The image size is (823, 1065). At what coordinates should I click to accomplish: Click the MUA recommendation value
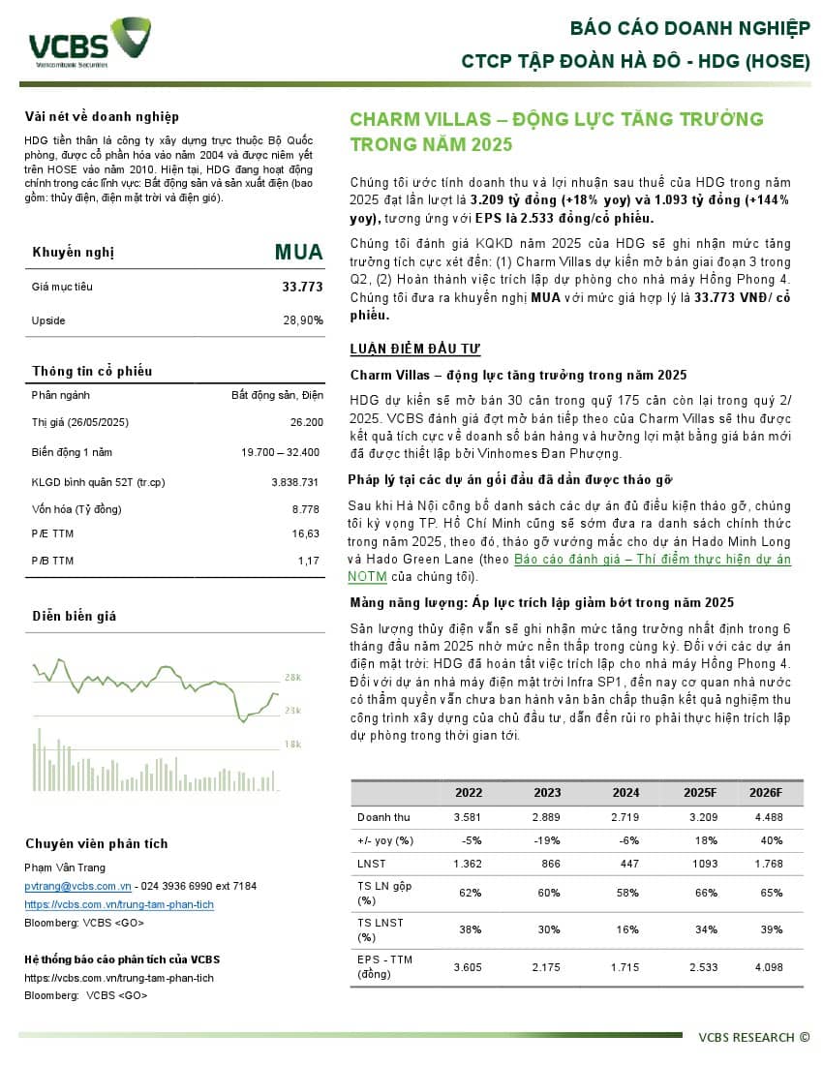[x=298, y=253]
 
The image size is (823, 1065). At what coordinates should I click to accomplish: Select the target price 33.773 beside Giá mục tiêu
[x=302, y=287]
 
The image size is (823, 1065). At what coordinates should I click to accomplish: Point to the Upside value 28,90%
[x=302, y=319]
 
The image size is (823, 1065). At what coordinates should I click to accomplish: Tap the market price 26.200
[x=306, y=422]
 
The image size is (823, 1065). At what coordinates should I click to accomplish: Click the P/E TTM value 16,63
[x=305, y=533]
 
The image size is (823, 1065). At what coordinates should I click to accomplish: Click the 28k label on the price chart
[x=292, y=677]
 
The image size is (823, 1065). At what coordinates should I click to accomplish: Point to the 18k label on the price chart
[x=292, y=744]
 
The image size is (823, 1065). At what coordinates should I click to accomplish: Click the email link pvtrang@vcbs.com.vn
[x=77, y=886]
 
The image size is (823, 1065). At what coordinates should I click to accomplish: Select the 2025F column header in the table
[x=699, y=792]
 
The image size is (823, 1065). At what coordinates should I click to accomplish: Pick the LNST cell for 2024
[x=625, y=863]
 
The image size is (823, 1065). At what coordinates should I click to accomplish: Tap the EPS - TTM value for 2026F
[x=764, y=967]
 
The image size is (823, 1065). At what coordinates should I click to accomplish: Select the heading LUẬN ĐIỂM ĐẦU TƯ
[x=414, y=350]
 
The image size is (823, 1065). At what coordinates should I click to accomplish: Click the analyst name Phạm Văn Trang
[x=65, y=867]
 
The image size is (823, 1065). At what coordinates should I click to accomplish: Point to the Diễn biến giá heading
[x=75, y=616]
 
